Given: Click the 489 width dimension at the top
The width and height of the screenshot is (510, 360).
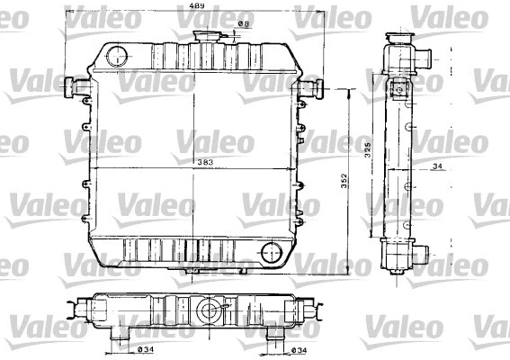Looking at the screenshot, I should (x=194, y=7).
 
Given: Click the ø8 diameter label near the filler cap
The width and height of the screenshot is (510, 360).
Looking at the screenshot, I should (x=241, y=26).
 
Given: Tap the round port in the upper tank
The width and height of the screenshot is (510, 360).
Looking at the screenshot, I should (x=117, y=56).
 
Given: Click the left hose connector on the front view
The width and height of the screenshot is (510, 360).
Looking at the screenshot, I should (x=75, y=87).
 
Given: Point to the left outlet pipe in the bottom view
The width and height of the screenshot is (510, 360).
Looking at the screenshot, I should (x=117, y=333).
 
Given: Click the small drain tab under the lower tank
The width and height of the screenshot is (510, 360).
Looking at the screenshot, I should (x=192, y=270).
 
